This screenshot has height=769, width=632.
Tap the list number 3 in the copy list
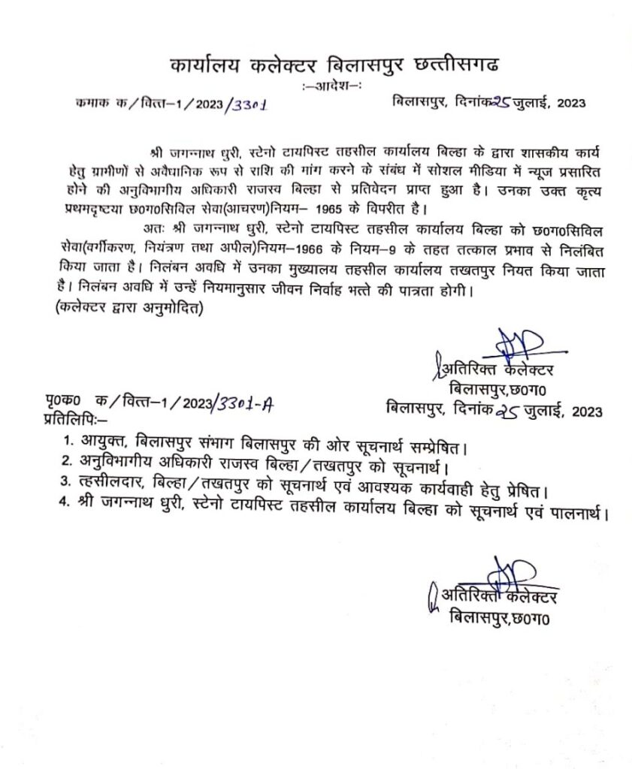pyautogui.click(x=68, y=493)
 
